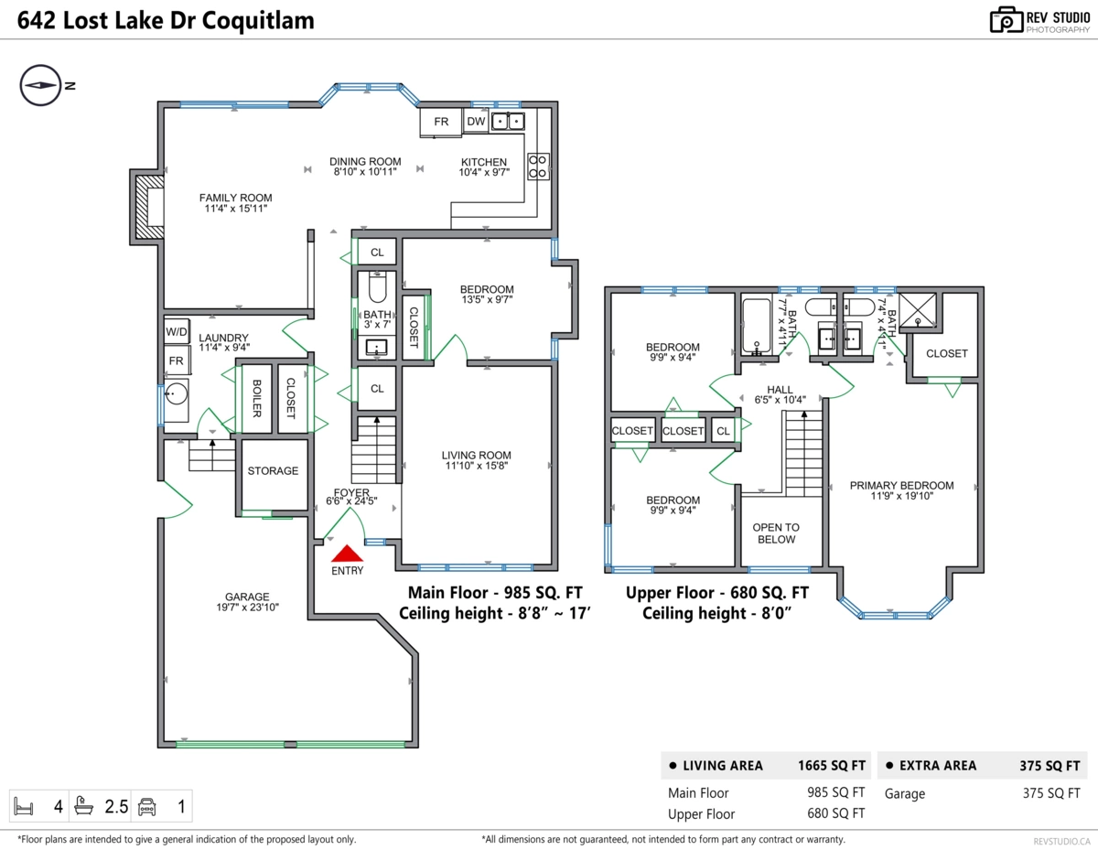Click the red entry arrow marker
pyautogui.click(x=347, y=554)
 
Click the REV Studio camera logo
pyautogui.click(x=1006, y=19)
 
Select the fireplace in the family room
pyautogui.click(x=149, y=209)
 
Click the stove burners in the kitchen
pyautogui.click(x=538, y=165)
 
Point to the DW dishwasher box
pyautogui.click(x=476, y=122)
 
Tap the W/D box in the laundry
pyautogui.click(x=177, y=331)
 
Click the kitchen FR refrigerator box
pyautogui.click(x=441, y=123)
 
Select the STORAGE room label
pyautogui.click(x=273, y=470)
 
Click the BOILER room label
pyautogui.click(x=257, y=398)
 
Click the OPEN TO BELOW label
pyautogui.click(x=776, y=533)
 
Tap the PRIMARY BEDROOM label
pyautogui.click(x=901, y=486)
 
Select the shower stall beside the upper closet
pyautogui.click(x=918, y=310)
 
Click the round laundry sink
pyautogui.click(x=176, y=395)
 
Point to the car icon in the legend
pyautogui.click(x=146, y=806)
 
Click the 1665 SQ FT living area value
pyautogui.click(x=831, y=766)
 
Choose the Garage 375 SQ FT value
pyautogui.click(x=1051, y=794)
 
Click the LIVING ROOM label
pyautogui.click(x=476, y=455)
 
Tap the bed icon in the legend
pyautogui.click(x=25, y=806)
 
